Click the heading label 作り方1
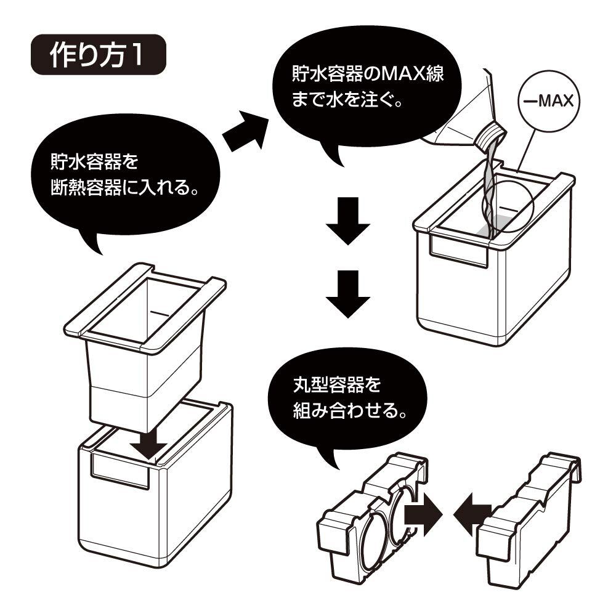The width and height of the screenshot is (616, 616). point(97,57)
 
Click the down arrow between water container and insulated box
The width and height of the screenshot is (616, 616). point(151,441)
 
